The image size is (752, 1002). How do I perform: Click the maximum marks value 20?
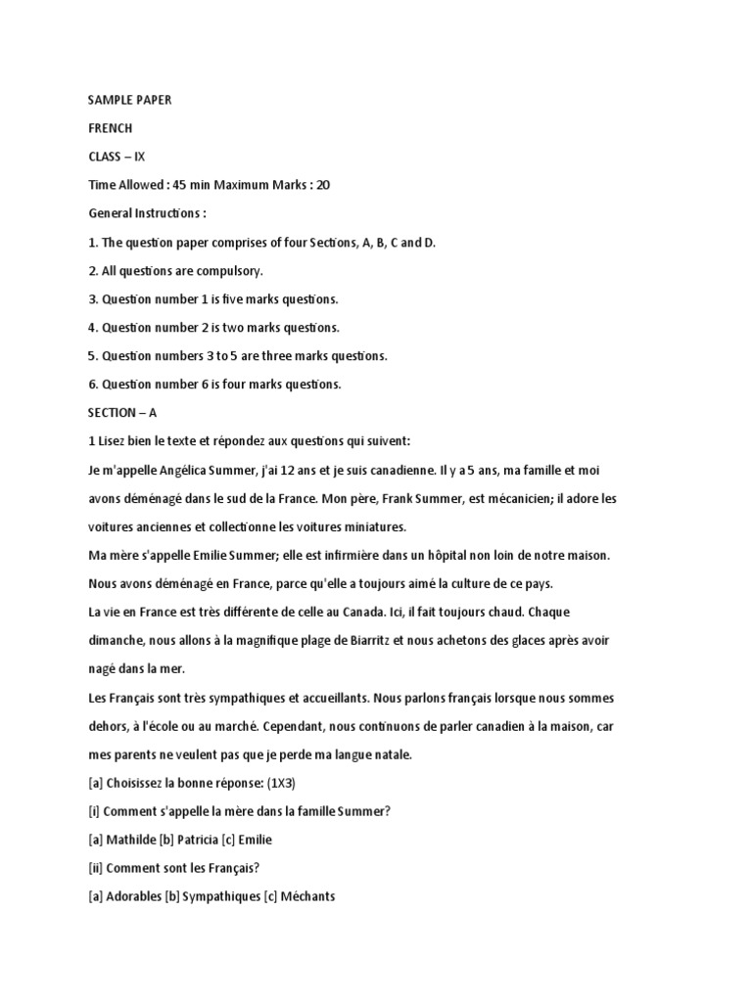[x=323, y=185]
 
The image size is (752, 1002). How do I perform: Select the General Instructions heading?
[x=147, y=213]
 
